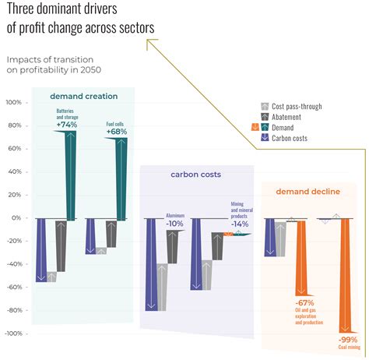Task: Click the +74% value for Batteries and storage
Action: [66, 125]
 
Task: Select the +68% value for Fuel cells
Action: [117, 132]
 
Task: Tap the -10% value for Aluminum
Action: [175, 223]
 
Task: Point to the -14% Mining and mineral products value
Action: [240, 224]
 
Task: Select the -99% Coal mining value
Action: [348, 340]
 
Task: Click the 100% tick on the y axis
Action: [13, 103]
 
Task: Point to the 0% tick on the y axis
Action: [16, 218]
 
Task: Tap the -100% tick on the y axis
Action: [12, 334]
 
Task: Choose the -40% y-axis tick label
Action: [13, 264]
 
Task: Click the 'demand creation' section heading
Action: [84, 97]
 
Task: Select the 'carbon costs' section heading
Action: [196, 175]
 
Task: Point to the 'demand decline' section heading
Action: [308, 191]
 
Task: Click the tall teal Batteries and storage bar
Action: [70, 175]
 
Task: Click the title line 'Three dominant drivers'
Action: [79, 10]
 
